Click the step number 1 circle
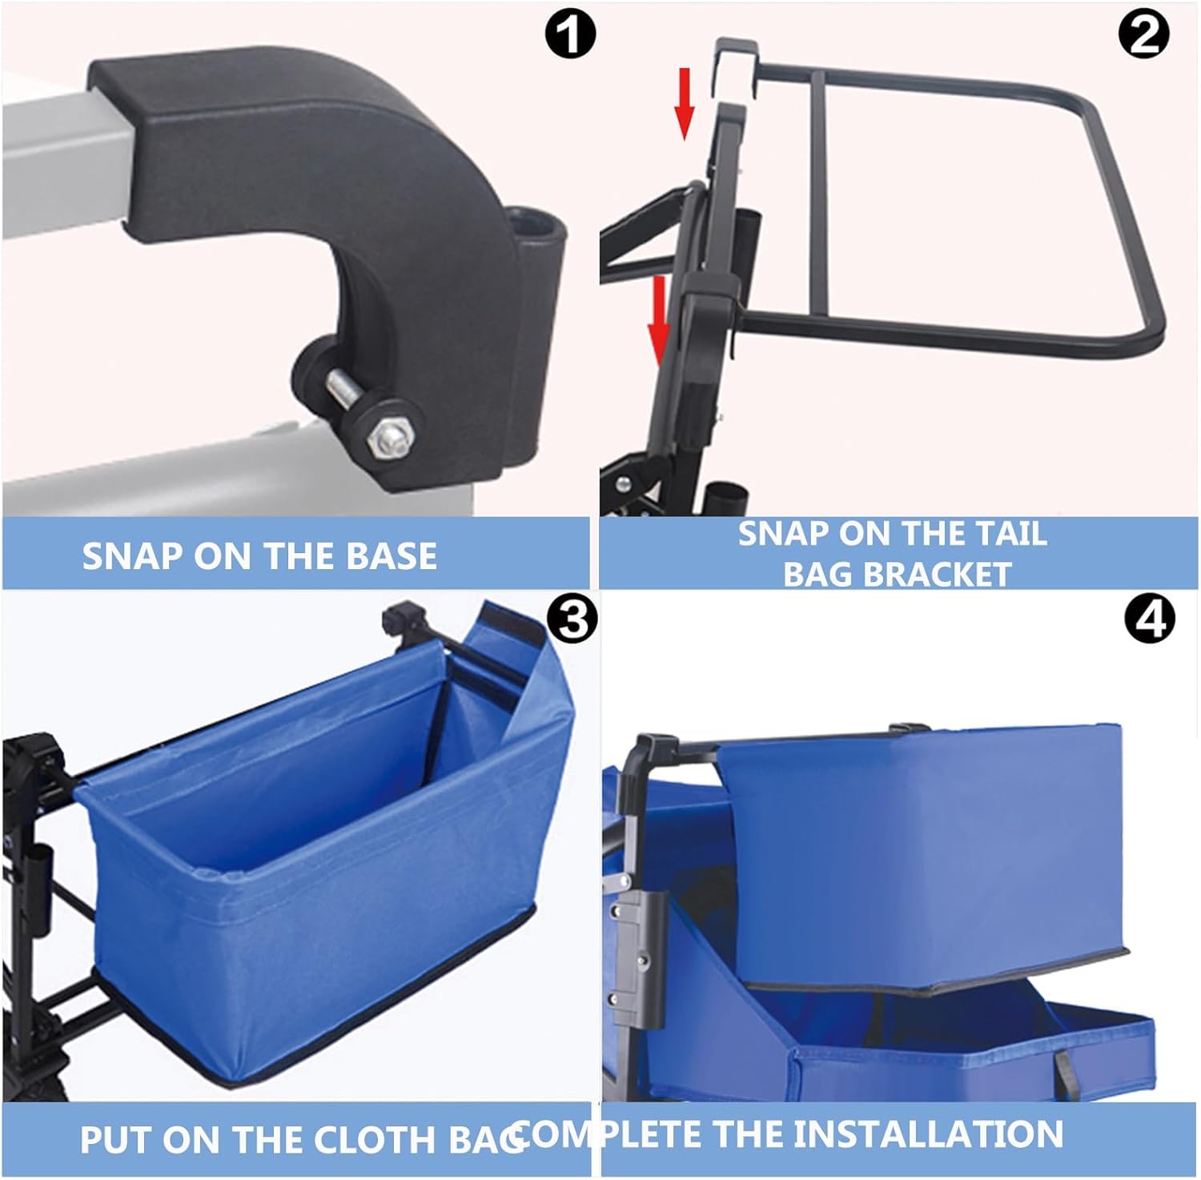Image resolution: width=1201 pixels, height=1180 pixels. (570, 35)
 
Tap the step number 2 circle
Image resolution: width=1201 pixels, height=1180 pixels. (1145, 35)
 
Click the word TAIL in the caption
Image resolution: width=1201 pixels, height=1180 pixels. (1009, 534)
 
